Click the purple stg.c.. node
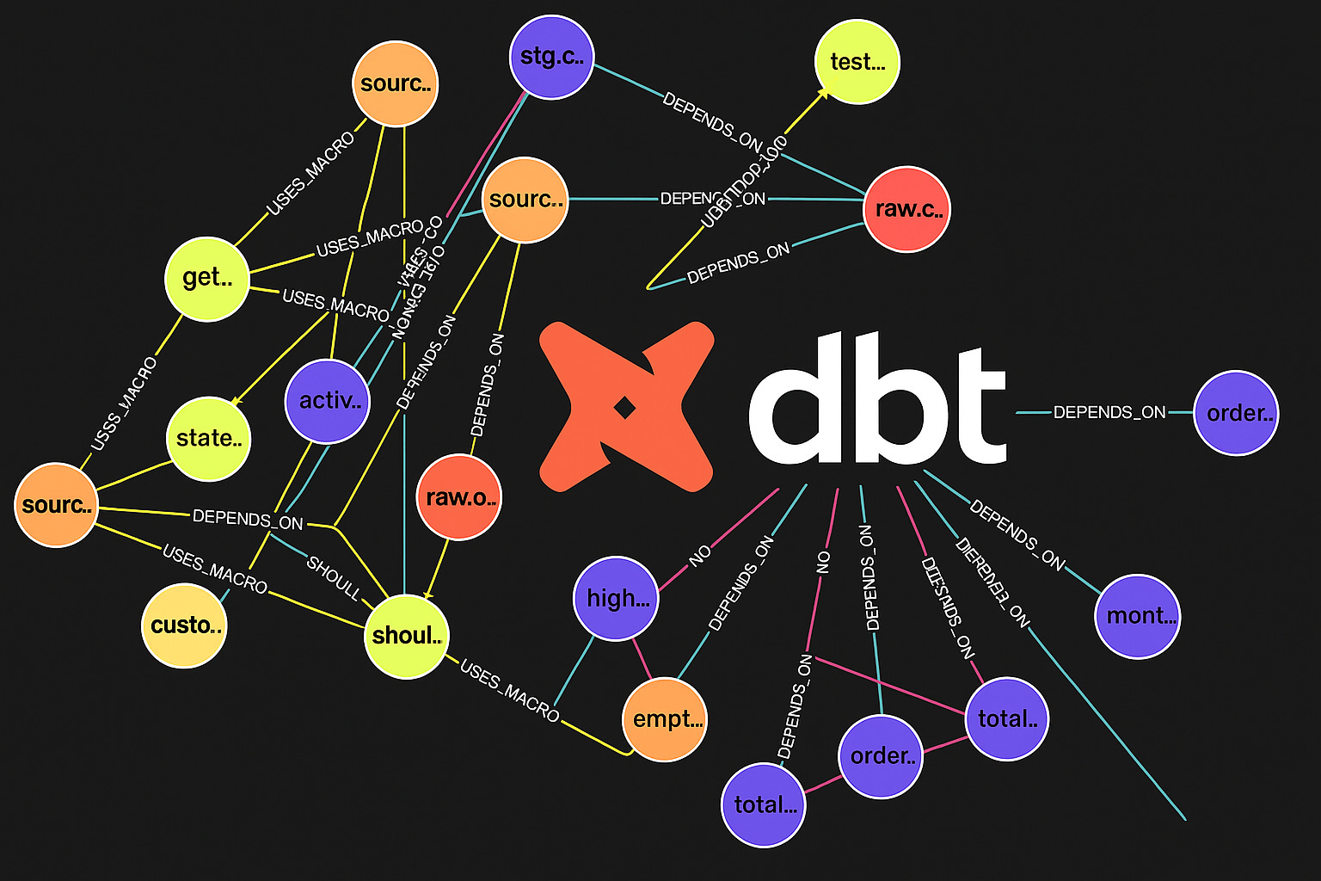[551, 58]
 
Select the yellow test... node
[857, 62]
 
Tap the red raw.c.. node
[906, 209]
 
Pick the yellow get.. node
[207, 278]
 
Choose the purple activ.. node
[328, 401]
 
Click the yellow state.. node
[208, 438]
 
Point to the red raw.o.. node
[459, 497]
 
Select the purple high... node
[616, 598]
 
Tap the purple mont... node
[1138, 616]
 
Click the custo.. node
[184, 625]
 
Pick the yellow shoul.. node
[407, 636]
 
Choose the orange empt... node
[665, 719]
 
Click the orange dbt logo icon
[626, 407]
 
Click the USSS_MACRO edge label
[126, 404]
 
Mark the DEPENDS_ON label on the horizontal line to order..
[1109, 412]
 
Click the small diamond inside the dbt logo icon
[625, 408]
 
